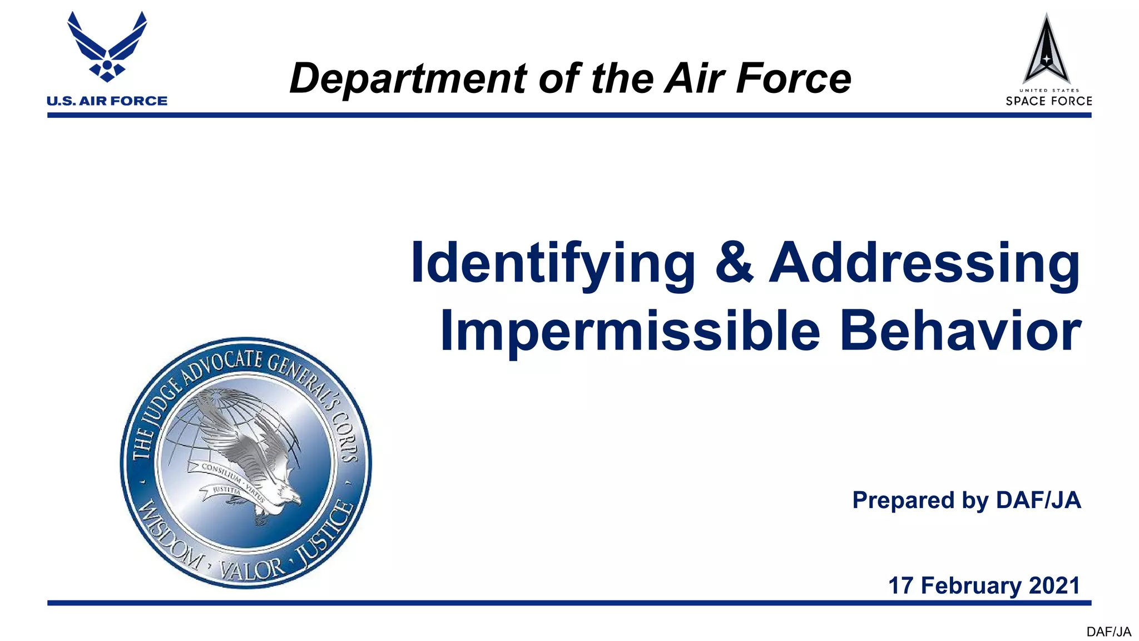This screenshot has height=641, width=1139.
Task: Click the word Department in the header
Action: pyautogui.click(x=408, y=78)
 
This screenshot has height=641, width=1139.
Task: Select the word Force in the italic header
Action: pyautogui.click(x=794, y=78)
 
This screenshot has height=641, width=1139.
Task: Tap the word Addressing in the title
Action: pyautogui.click(x=924, y=264)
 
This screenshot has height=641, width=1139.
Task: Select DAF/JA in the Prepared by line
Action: pyautogui.click(x=1038, y=500)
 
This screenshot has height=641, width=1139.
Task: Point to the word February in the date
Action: pyautogui.click(x=971, y=585)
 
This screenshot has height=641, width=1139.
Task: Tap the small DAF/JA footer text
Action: pyautogui.click(x=1108, y=632)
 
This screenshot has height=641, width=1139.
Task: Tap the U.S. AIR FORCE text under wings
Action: pyautogui.click(x=107, y=101)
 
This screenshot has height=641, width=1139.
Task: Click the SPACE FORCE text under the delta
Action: pyautogui.click(x=1048, y=101)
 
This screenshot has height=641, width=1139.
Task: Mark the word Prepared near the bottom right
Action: pyautogui.click(x=903, y=500)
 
